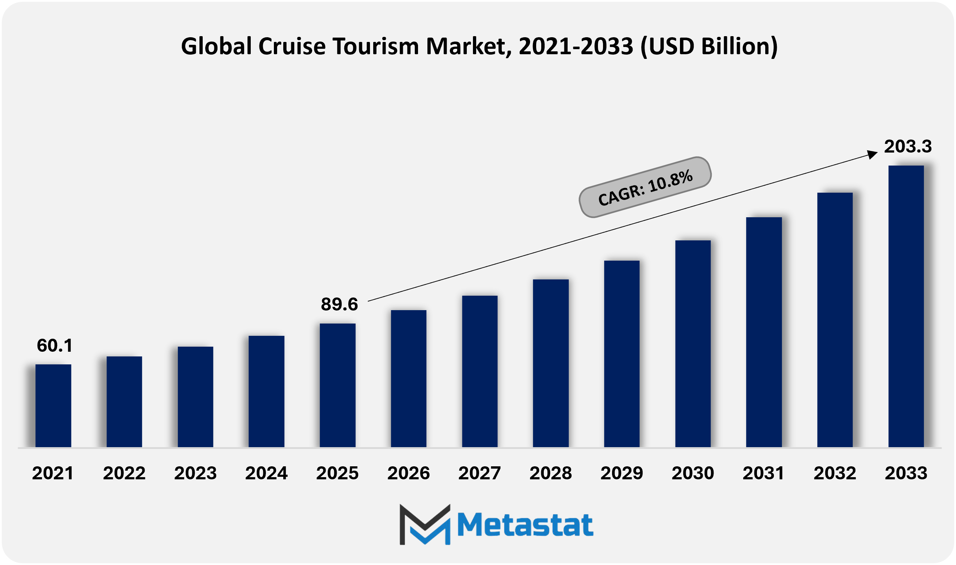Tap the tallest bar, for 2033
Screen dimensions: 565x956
(x=906, y=306)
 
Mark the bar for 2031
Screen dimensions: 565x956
(x=764, y=332)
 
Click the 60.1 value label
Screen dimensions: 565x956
(x=55, y=346)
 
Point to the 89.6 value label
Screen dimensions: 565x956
(x=339, y=305)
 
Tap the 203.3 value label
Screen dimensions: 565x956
(x=908, y=146)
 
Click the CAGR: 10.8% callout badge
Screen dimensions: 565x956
(x=645, y=187)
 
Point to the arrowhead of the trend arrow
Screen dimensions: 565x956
(x=872, y=154)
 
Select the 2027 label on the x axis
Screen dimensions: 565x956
(x=479, y=473)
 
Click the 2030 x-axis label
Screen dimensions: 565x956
(x=693, y=473)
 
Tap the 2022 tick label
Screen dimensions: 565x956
(x=124, y=473)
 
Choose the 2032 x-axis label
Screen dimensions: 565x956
(x=835, y=473)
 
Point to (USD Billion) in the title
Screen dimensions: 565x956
(x=709, y=46)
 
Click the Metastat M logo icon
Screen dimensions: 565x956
(x=425, y=524)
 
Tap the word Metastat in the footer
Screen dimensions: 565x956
(x=525, y=525)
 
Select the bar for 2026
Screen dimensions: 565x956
(x=409, y=378)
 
